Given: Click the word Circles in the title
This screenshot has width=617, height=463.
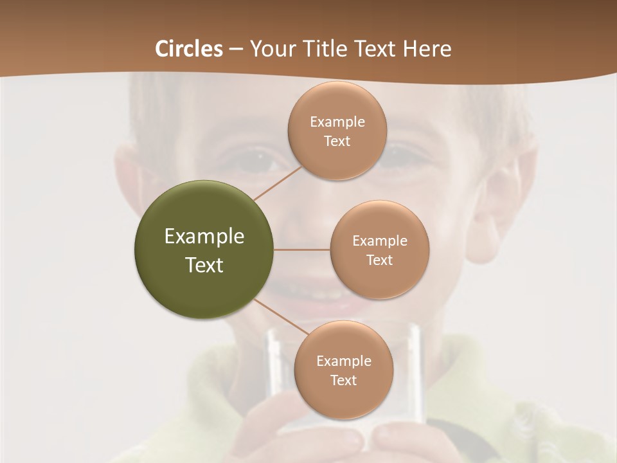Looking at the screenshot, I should point(189,49).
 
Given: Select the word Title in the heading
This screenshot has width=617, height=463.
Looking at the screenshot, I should point(328,49).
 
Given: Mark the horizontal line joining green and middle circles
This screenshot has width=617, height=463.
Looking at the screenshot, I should point(301,250).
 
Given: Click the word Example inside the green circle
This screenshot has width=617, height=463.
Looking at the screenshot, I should point(204,237).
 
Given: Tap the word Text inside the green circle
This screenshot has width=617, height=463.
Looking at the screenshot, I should point(204,265).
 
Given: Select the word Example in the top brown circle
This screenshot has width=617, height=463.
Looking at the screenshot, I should point(337,122).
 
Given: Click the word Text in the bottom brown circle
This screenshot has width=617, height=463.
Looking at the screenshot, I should point(343,380).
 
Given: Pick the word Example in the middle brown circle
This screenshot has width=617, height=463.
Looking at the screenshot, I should point(379,241).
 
